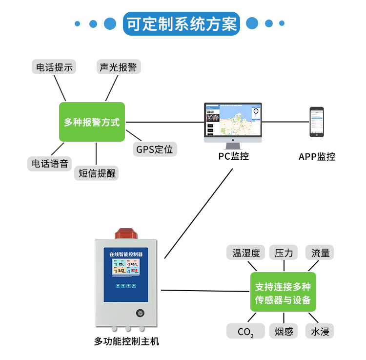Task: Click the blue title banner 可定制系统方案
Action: point(182,23)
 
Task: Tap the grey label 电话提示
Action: point(54,67)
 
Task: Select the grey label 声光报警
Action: point(119,67)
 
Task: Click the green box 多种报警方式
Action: point(92,122)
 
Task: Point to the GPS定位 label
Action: point(154,149)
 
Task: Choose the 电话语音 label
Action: point(50,164)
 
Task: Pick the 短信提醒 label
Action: point(97,173)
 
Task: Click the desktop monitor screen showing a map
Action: point(233,122)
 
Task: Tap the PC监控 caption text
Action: point(233,157)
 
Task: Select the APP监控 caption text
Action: point(317,157)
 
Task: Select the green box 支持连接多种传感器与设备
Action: point(283,292)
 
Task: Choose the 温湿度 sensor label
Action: point(246,253)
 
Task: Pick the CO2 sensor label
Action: point(245,332)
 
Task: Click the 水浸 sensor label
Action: point(321,332)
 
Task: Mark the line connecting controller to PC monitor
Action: point(198,213)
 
